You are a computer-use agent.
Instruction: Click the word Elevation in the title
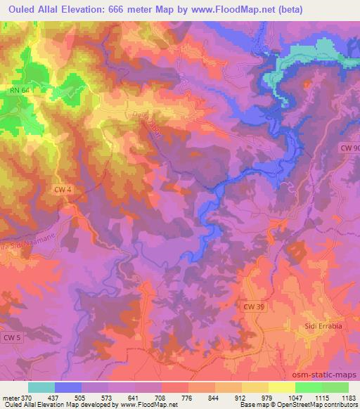tap(92, 8)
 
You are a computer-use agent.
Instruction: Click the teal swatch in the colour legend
tap(41, 387)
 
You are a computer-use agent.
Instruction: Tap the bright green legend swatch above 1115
tap(308, 387)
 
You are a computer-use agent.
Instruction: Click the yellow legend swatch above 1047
tap(281, 387)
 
